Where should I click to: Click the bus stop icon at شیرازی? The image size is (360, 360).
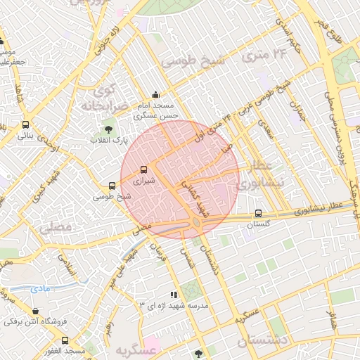tap(144, 169)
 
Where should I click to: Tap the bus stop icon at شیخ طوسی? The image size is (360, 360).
tap(112, 186)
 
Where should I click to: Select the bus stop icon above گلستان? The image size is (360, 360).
tap(258, 213)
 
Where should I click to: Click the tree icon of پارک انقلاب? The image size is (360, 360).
tap(108, 129)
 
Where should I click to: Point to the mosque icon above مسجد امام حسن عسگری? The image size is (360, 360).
tap(155, 95)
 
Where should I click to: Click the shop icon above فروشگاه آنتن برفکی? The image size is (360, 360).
tap(36, 311)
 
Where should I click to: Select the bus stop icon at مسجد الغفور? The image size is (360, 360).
tap(65, 340)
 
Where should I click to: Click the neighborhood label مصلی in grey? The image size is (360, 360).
tap(56, 227)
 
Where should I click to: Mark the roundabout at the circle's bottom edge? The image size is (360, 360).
tap(196, 223)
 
